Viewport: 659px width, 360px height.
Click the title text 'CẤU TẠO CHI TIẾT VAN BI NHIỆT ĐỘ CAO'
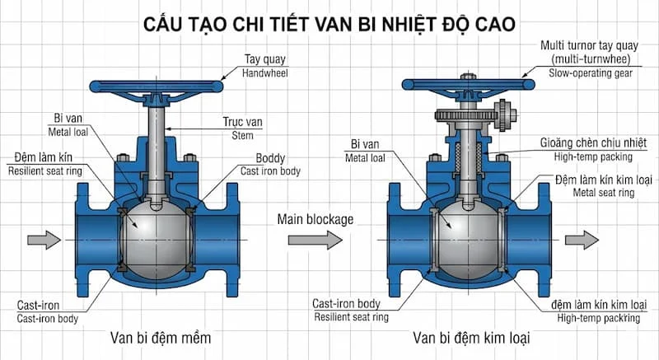coord(329,23)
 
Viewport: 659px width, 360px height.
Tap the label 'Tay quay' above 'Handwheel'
coord(264,59)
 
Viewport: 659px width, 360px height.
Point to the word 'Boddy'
coord(271,158)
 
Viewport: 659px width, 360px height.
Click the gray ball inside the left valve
coord(157,239)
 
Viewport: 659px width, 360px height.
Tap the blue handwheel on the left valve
coord(157,85)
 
